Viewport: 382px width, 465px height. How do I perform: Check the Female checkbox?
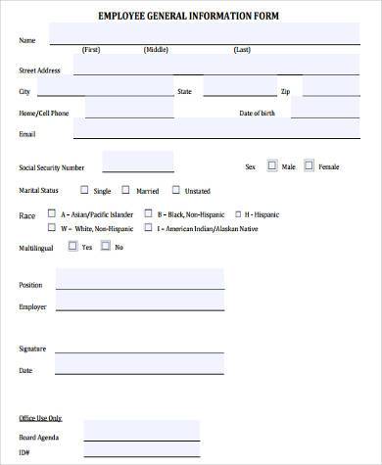(310, 166)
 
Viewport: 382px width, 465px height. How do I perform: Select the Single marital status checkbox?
(83, 190)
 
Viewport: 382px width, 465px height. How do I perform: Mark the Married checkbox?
(126, 190)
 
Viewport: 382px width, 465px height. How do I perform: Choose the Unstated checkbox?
(176, 190)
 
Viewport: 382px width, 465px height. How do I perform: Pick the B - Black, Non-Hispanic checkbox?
(148, 213)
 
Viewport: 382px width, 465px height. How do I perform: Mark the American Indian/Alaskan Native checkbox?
(148, 228)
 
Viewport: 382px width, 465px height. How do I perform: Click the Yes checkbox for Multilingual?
(72, 247)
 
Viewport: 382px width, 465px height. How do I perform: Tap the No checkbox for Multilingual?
(107, 247)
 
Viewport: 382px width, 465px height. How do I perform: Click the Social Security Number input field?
(138, 163)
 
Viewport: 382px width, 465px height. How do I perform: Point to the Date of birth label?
(258, 113)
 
